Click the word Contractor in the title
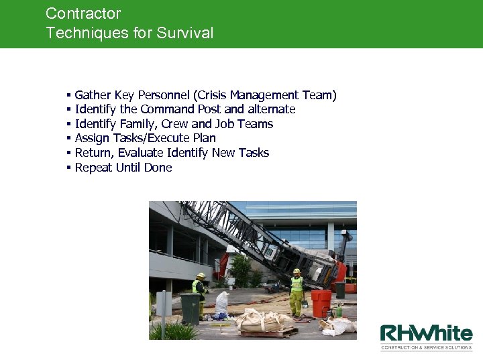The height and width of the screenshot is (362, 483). point(83,13)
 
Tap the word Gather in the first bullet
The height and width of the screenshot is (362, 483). point(93,95)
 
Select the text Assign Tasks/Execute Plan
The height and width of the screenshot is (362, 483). point(145,138)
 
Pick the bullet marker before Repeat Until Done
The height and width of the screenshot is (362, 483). point(68,168)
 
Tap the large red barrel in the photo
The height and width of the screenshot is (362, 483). point(321,303)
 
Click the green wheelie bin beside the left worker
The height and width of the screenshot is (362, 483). point(190,308)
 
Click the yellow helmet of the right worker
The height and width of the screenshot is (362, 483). point(297,271)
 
